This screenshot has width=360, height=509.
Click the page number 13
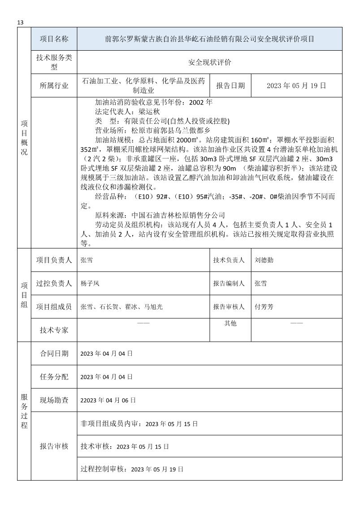click(x=20, y=22)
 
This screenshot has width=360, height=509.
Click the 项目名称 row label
click(x=54, y=39)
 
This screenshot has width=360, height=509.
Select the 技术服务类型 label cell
click(x=54, y=62)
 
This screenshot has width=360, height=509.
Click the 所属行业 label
click(x=54, y=86)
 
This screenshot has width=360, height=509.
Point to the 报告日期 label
click(x=230, y=86)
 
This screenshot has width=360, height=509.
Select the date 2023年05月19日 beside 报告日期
click(x=296, y=86)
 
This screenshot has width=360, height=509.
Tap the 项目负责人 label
click(x=54, y=260)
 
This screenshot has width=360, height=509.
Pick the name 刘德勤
click(x=264, y=260)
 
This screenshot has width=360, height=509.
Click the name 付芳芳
click(x=264, y=307)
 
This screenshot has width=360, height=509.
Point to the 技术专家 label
click(x=54, y=330)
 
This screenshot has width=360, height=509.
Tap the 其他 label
click(x=230, y=323)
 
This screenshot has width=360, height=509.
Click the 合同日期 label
click(x=54, y=353)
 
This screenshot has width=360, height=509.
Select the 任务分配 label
click(x=54, y=377)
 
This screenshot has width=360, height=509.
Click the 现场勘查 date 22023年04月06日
click(x=108, y=400)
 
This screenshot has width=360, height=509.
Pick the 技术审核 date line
click(x=125, y=447)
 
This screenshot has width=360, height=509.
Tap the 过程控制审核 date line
click(x=132, y=469)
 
